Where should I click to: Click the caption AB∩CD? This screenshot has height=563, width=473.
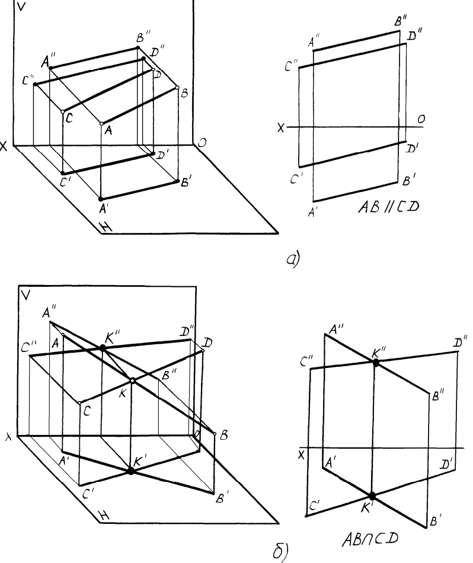tap(369, 540)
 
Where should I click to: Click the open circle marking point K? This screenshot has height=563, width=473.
tap(133, 381)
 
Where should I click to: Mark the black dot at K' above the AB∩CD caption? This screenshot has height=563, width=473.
tap(372, 495)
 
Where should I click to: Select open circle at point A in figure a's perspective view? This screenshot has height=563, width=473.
tap(101, 124)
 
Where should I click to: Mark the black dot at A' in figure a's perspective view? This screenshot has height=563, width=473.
tap(100, 199)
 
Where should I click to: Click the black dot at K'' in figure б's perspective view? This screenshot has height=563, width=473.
tap(103, 348)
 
